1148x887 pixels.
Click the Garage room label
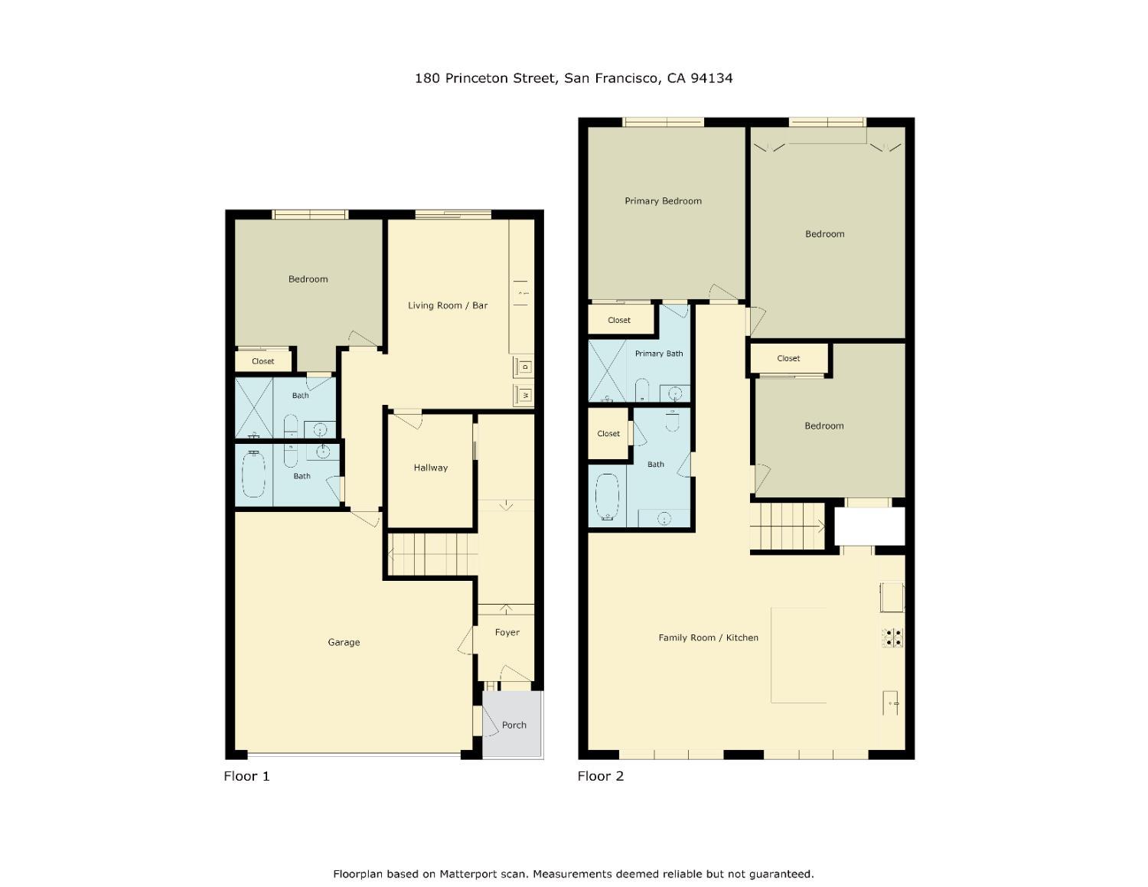pyautogui.click(x=344, y=642)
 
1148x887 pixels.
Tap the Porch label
pyautogui.click(x=514, y=725)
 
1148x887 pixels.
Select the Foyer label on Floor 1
pyautogui.click(x=507, y=632)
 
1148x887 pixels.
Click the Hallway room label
pyautogui.click(x=431, y=468)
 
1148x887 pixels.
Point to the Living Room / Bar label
pyautogui.click(x=448, y=305)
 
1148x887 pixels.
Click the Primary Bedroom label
pyautogui.click(x=663, y=201)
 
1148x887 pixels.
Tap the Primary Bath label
pyautogui.click(x=659, y=354)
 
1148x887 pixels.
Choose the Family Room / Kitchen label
pyautogui.click(x=708, y=638)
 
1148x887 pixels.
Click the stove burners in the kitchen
pyautogui.click(x=892, y=638)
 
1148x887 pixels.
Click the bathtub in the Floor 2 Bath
pyautogui.click(x=607, y=497)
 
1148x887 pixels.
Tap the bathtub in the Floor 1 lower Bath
pyautogui.click(x=253, y=474)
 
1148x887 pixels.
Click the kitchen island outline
pyautogui.click(x=798, y=655)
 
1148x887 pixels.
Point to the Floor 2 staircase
pyautogui.click(x=788, y=527)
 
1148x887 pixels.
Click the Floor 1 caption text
pyautogui.click(x=246, y=776)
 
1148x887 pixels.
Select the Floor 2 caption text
pyautogui.click(x=601, y=776)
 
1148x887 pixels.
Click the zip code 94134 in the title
pyautogui.click(x=712, y=78)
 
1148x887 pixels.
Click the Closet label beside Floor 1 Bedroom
pyautogui.click(x=263, y=361)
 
